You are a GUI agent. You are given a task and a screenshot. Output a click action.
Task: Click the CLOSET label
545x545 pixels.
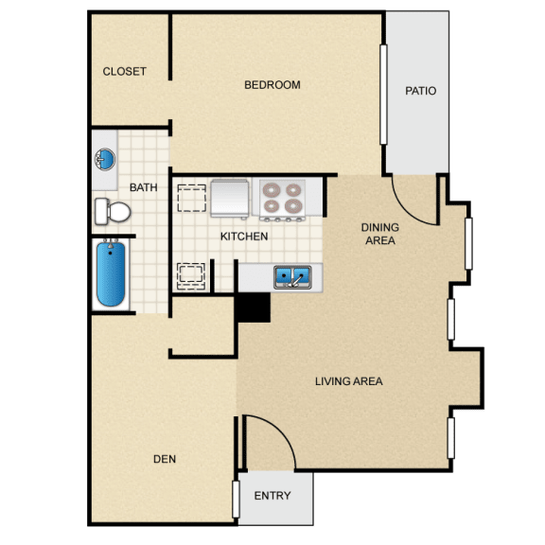[x=124, y=72]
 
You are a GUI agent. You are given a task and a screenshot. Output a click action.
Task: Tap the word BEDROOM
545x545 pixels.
[x=272, y=85]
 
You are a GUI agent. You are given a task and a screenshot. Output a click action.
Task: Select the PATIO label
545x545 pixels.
[x=420, y=91]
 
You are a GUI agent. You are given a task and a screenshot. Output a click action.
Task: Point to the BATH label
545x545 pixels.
[x=143, y=187]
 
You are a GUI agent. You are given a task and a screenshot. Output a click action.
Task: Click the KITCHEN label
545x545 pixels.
[x=244, y=237]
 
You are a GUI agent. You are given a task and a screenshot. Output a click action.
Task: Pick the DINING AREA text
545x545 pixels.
[x=380, y=234]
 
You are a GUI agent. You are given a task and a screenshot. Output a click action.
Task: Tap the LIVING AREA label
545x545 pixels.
[x=348, y=381]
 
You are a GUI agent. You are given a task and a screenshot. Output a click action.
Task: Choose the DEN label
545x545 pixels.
[x=165, y=459]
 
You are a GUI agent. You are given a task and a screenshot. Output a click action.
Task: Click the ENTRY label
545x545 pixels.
[x=272, y=495]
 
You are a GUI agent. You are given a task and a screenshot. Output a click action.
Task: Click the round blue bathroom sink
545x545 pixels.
[x=105, y=159]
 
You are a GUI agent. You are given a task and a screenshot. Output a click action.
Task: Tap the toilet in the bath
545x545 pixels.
[x=113, y=211]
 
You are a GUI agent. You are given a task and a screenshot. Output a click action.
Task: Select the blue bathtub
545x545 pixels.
[x=111, y=274]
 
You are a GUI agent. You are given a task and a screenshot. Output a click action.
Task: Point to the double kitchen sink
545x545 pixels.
[x=292, y=277]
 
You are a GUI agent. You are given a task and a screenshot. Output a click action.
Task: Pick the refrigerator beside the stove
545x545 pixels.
[x=230, y=198]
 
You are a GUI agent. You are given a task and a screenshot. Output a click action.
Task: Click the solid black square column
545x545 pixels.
[x=253, y=308]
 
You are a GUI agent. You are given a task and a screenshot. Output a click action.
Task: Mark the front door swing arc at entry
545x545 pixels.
[x=279, y=431]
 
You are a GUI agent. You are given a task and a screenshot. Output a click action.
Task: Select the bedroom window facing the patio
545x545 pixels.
[x=383, y=95]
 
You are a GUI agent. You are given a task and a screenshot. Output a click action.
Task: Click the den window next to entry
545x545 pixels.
[x=236, y=500]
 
